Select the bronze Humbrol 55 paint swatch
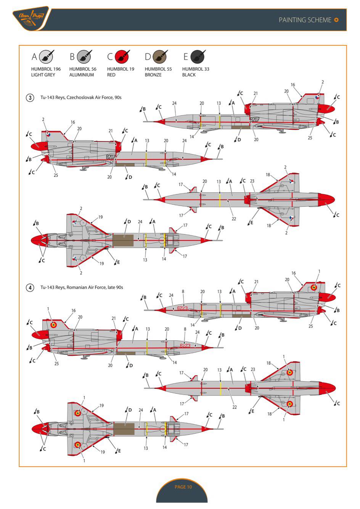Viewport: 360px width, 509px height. [159, 57]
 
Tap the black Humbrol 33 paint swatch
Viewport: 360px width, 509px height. [197, 57]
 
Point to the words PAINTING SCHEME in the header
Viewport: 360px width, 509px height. [305, 20]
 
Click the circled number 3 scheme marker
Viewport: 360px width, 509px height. [30, 98]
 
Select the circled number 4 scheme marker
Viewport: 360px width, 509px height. [30, 287]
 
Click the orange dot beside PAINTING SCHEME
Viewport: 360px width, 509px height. [336, 20]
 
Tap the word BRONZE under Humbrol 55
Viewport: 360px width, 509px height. [153, 75]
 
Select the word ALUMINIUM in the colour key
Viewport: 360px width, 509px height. [82, 75]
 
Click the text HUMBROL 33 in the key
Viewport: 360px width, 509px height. [196, 69]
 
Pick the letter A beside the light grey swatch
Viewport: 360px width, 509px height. [34, 57]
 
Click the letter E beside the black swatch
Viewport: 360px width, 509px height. [186, 57]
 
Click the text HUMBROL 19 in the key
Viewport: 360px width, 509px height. [121, 69]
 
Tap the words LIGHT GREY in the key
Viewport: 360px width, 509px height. [43, 75]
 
